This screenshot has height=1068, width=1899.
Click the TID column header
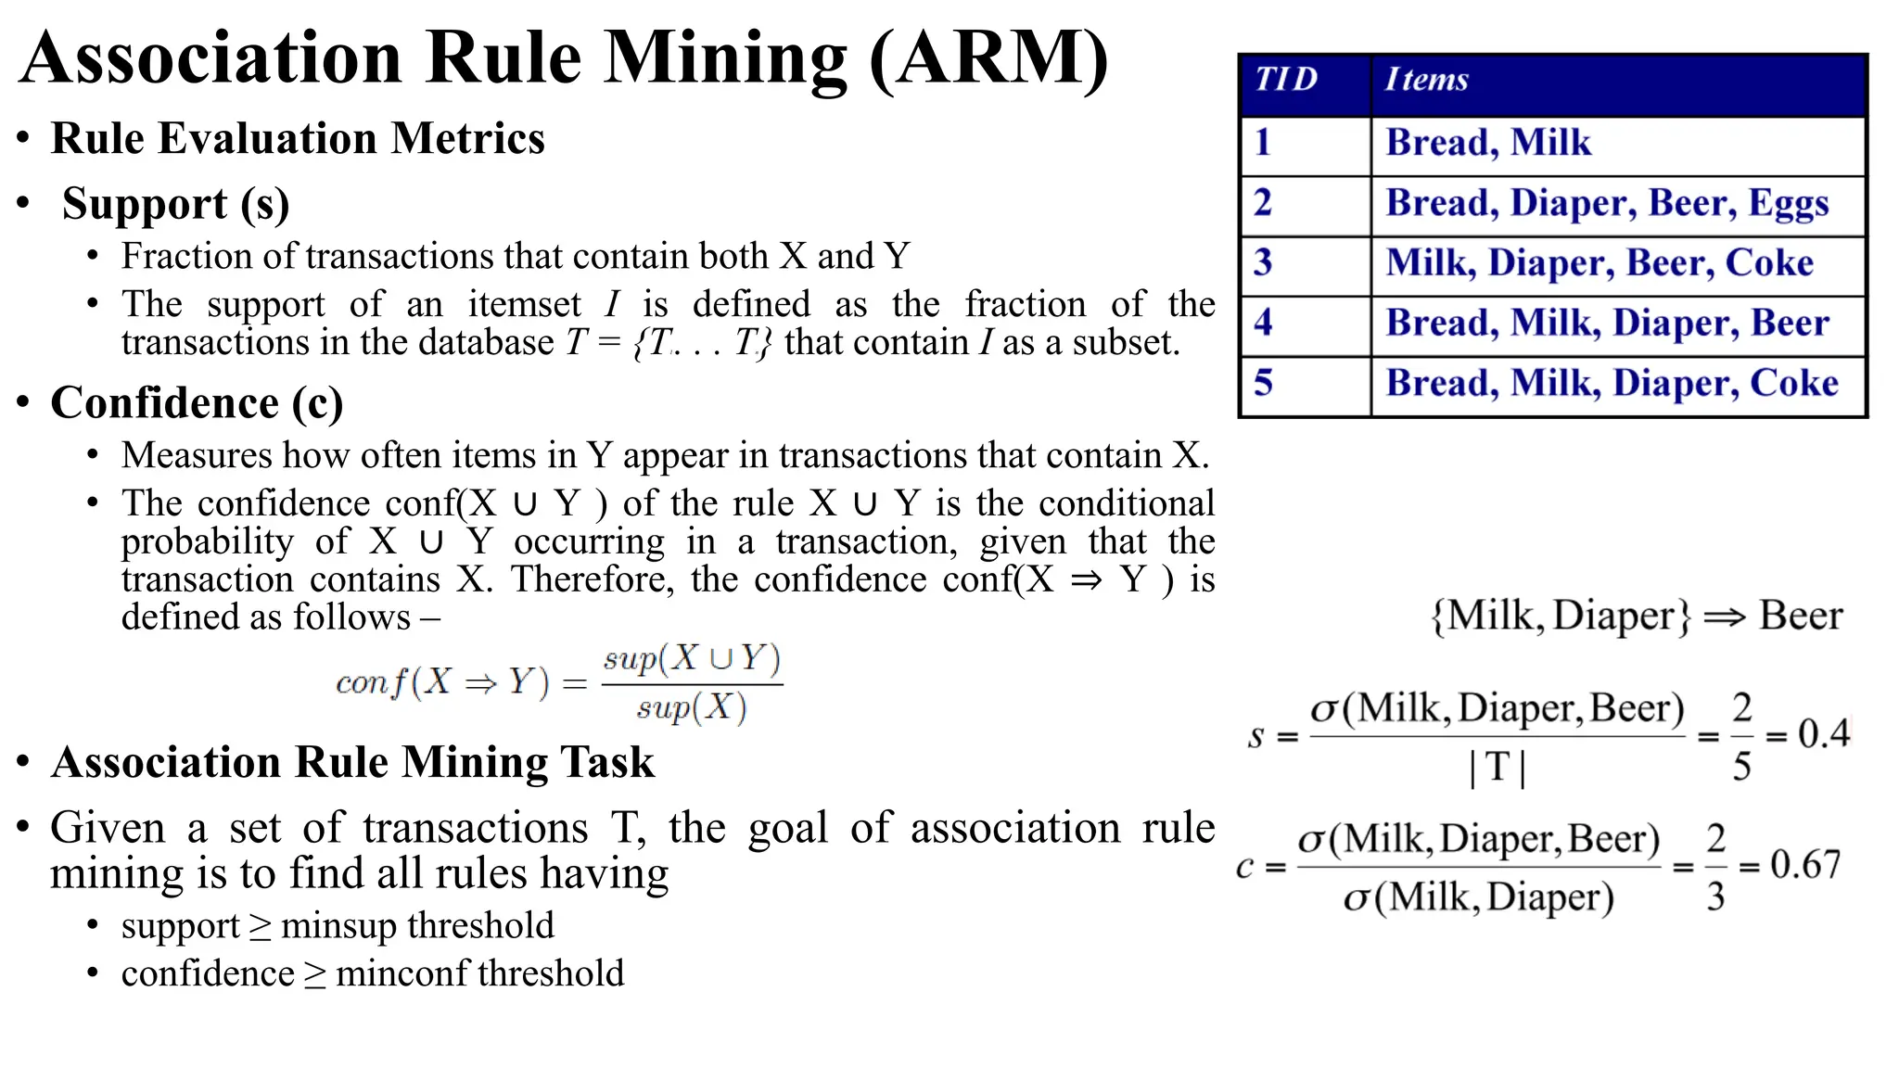point(1286,80)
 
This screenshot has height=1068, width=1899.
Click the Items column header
point(1426,80)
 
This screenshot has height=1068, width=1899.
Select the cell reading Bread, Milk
point(1488,143)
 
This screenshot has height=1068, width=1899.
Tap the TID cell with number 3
point(1263,263)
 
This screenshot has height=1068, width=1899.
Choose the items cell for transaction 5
point(1612,384)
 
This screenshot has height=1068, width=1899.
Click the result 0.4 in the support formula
point(1823,734)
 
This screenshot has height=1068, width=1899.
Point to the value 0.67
point(1804,865)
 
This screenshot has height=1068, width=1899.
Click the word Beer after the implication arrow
point(1801,616)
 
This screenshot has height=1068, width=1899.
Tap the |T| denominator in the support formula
point(1498,768)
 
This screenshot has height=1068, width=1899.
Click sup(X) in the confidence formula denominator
point(691,709)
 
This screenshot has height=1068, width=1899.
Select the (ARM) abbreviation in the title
point(988,57)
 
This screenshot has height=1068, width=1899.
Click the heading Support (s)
point(175,204)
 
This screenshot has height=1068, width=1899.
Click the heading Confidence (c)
point(197,403)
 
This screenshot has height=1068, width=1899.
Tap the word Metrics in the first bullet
point(467,139)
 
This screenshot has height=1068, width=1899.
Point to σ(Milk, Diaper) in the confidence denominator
point(1478,898)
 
